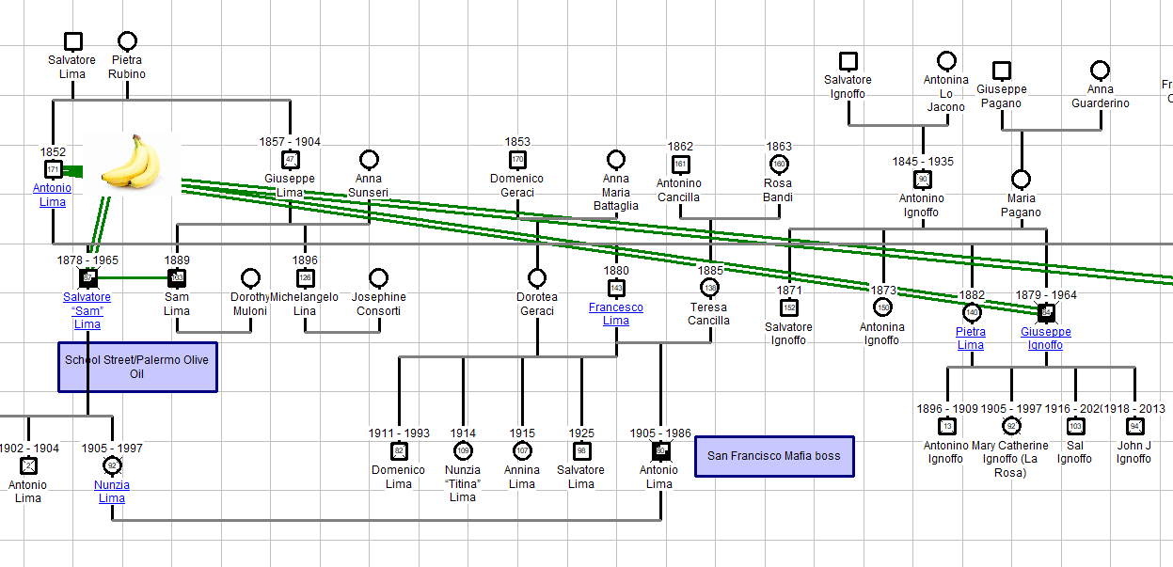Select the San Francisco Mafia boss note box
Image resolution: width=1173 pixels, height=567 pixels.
coord(774,456)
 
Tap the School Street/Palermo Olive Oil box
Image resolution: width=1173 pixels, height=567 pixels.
coord(137,367)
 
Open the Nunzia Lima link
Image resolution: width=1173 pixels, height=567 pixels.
coord(112,492)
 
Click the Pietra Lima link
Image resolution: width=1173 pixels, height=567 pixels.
coord(971,339)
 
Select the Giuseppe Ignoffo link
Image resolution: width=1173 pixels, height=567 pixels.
coord(1046,339)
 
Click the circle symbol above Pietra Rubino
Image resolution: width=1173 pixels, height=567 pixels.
coord(127,41)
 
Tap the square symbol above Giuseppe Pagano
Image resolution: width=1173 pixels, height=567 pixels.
coord(1002,71)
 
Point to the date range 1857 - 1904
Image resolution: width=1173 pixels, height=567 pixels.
coord(290,142)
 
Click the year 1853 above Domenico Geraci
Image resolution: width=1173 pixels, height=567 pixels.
coord(517,142)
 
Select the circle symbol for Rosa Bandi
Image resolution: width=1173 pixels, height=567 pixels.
coord(779,164)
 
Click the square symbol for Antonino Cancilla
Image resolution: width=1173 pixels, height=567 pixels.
coord(680,164)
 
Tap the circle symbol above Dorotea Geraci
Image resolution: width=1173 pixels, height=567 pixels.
coord(537,277)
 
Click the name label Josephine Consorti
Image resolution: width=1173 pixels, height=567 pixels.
coord(378,304)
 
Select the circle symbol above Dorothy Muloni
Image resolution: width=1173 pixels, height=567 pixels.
coord(250,277)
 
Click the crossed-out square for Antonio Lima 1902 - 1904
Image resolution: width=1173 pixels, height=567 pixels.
coord(28,465)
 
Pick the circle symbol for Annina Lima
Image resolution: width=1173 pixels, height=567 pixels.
coord(522,450)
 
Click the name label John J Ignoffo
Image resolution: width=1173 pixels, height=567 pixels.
coord(1133,452)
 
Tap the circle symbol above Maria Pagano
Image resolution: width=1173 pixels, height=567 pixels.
coord(1021,179)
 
